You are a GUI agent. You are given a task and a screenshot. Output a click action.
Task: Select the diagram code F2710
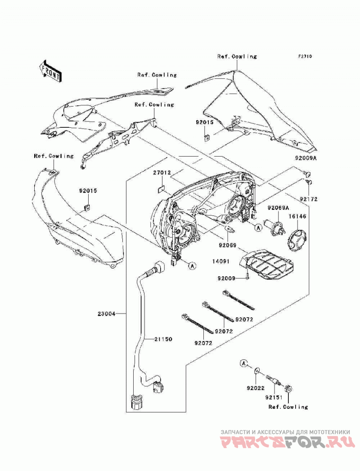click(x=305, y=56)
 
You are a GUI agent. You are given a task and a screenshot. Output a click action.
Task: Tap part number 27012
click(x=162, y=173)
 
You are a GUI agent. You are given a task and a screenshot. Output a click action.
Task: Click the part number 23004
click(x=106, y=314)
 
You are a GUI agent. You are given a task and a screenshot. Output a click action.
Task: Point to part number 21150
click(x=163, y=339)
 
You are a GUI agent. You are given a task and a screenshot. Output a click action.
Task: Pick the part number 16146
click(x=297, y=216)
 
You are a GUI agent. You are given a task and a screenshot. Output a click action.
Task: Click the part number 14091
click(x=220, y=261)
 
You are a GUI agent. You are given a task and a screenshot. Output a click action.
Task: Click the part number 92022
click(x=256, y=388)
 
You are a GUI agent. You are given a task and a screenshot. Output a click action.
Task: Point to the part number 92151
click(x=274, y=397)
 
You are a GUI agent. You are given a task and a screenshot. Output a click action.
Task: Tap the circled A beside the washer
click(x=244, y=363)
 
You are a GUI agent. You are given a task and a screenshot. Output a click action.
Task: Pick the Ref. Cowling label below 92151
click(x=288, y=407)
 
